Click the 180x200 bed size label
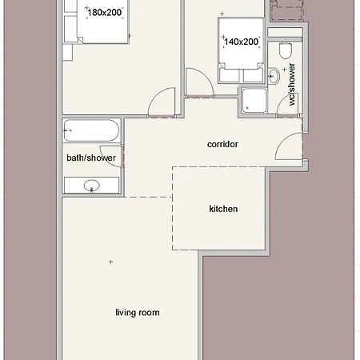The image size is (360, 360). coord(105,13)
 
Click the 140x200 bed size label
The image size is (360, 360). coord(242,42)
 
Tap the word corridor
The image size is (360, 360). coord(223,145)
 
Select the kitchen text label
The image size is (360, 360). coord(223,209)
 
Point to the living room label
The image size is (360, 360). coord(137,312)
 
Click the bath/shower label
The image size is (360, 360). coord(91,158)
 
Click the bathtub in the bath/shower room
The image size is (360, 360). coord(91,129)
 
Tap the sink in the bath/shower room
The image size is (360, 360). coord(91,186)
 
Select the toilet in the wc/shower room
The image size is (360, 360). coord(285,50)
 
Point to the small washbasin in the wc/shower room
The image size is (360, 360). coord(274,77)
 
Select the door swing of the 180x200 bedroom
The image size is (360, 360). coord(160,102)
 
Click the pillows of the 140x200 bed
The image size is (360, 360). coord(242,74)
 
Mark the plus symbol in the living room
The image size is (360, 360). coord(110,262)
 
